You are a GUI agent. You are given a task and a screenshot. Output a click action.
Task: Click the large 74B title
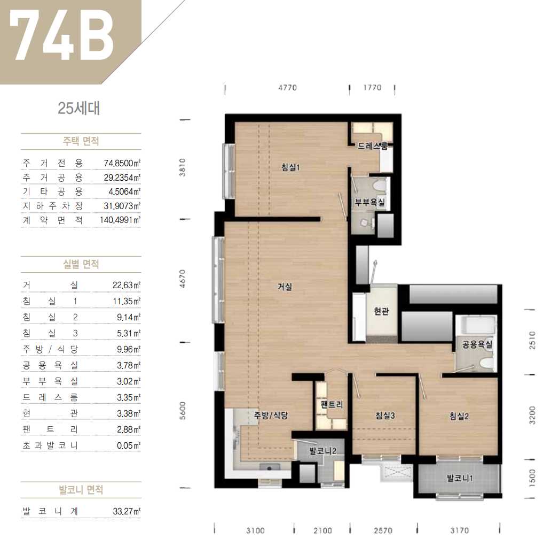point(62,36)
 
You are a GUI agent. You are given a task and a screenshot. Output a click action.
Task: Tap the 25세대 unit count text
point(78,108)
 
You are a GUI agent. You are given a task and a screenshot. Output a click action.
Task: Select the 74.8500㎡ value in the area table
point(122,163)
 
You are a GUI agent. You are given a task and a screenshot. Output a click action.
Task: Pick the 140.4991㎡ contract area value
point(120,220)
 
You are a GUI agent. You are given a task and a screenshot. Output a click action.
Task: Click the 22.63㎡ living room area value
point(127,285)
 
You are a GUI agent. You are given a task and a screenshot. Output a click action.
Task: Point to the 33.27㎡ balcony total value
point(127,511)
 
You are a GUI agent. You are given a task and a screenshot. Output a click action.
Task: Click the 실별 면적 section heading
point(81,264)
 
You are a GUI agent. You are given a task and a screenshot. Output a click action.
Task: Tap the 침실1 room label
point(290,167)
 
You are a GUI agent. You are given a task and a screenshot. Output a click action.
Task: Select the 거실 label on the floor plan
point(285,287)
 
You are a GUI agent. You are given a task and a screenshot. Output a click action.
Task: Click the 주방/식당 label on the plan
point(271,416)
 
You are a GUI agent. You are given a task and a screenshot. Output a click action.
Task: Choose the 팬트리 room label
point(332,404)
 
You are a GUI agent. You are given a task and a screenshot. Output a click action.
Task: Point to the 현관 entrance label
point(381,311)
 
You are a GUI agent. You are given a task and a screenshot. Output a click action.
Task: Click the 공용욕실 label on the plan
point(477,344)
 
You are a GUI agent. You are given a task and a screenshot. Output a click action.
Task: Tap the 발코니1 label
point(460,478)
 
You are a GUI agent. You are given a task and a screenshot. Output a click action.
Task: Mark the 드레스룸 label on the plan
point(373,146)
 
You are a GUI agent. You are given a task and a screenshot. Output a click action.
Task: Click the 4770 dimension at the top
point(287,88)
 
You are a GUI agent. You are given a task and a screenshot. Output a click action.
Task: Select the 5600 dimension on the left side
point(183,411)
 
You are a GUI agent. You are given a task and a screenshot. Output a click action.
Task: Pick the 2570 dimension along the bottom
point(383,530)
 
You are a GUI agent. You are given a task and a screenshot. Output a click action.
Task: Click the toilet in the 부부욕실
point(380,185)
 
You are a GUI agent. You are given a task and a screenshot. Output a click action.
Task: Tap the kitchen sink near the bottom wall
point(270,468)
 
